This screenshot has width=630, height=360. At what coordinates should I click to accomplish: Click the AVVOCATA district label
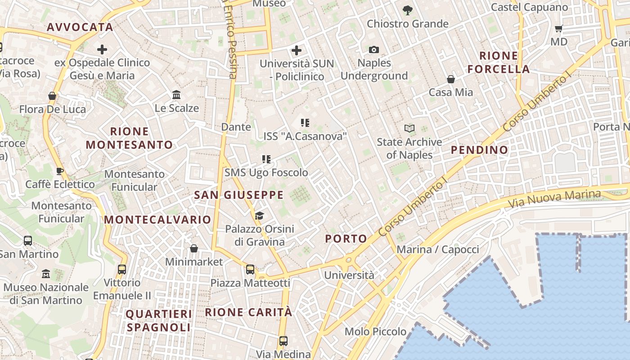[x=80, y=27]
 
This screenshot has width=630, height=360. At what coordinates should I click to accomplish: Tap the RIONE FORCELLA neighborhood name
[x=498, y=63]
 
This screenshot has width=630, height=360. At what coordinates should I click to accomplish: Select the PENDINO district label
[x=479, y=150]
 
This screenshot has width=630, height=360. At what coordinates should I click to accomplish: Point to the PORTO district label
[x=346, y=238]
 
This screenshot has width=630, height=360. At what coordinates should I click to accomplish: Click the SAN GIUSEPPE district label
[x=238, y=195]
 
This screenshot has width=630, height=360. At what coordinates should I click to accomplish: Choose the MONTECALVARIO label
[x=157, y=220]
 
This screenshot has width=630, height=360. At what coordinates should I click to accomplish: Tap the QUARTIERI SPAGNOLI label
[x=158, y=320]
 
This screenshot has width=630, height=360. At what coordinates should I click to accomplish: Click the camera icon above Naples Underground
[x=374, y=49]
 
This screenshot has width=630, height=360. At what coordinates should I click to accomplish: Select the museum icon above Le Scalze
[x=176, y=95]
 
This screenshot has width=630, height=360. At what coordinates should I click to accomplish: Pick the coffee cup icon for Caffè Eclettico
[x=59, y=171]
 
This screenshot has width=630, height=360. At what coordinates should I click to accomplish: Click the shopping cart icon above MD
[x=559, y=29]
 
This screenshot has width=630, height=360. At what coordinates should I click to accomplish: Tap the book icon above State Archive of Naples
[x=409, y=129]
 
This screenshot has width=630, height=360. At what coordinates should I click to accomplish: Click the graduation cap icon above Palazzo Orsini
[x=259, y=216]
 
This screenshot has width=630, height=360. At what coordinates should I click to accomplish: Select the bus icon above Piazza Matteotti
[x=250, y=270]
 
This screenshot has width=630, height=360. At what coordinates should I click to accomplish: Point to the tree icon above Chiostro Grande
[x=408, y=10]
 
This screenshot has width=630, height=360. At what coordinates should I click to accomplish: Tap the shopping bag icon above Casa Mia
[x=450, y=79]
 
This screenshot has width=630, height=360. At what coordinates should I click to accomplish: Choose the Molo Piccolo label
[x=375, y=332]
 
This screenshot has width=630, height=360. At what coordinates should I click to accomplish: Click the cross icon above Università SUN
[x=297, y=50]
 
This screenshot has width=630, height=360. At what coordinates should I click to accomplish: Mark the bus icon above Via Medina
[x=283, y=341]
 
